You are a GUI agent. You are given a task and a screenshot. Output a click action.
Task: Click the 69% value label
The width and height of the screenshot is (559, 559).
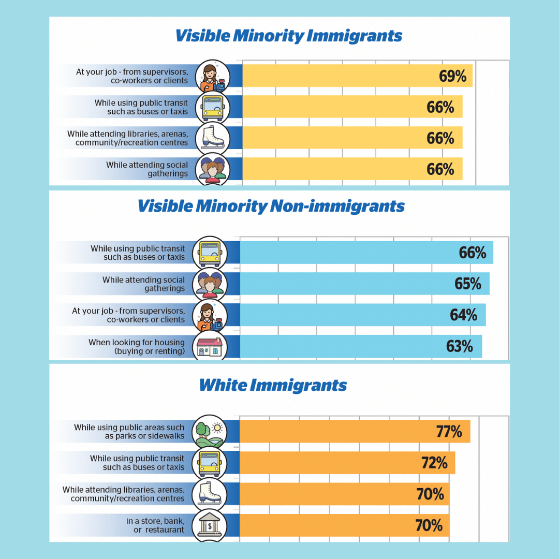coord(453,76)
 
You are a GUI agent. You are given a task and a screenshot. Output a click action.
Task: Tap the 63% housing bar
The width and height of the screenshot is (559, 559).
coord(361,346)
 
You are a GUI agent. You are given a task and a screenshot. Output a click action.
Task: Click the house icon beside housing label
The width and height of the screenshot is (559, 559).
coord(210,347)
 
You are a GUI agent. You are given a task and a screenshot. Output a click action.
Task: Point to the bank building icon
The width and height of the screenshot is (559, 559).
coord(209,525)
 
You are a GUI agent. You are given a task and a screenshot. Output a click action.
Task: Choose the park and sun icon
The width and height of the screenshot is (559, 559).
coord(209,432)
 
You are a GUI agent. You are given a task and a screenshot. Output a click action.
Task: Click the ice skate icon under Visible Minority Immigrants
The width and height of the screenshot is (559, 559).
coord(212,138)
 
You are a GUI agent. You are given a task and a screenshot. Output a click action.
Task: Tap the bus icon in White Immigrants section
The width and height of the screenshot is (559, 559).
coord(209,463)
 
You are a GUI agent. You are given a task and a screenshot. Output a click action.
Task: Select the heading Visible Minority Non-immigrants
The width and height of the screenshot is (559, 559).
coord(271,206)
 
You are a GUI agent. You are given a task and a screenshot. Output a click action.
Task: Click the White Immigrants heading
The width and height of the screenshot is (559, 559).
coord(273,385)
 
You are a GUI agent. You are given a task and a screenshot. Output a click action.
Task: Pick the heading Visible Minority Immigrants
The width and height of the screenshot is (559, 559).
coord(288,36)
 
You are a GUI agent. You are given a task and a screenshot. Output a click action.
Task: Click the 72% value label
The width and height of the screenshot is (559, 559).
coord(434,463)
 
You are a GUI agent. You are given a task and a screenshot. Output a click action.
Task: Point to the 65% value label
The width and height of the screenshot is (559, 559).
coord(468,284)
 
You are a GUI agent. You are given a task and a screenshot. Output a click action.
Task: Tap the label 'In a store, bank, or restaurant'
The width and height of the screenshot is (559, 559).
coord(155,525)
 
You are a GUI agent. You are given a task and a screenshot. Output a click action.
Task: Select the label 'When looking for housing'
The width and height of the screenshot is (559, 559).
coord(137,346)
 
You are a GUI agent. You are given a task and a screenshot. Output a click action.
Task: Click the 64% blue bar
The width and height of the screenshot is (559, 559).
coord(362,315)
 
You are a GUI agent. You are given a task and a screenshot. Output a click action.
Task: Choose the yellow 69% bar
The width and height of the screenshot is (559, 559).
coord(357,76)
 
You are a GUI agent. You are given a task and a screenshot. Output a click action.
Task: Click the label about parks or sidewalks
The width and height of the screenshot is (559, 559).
coord(129,432)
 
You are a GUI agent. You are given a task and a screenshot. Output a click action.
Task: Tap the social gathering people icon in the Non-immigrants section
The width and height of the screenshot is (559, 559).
coord(210,284)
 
